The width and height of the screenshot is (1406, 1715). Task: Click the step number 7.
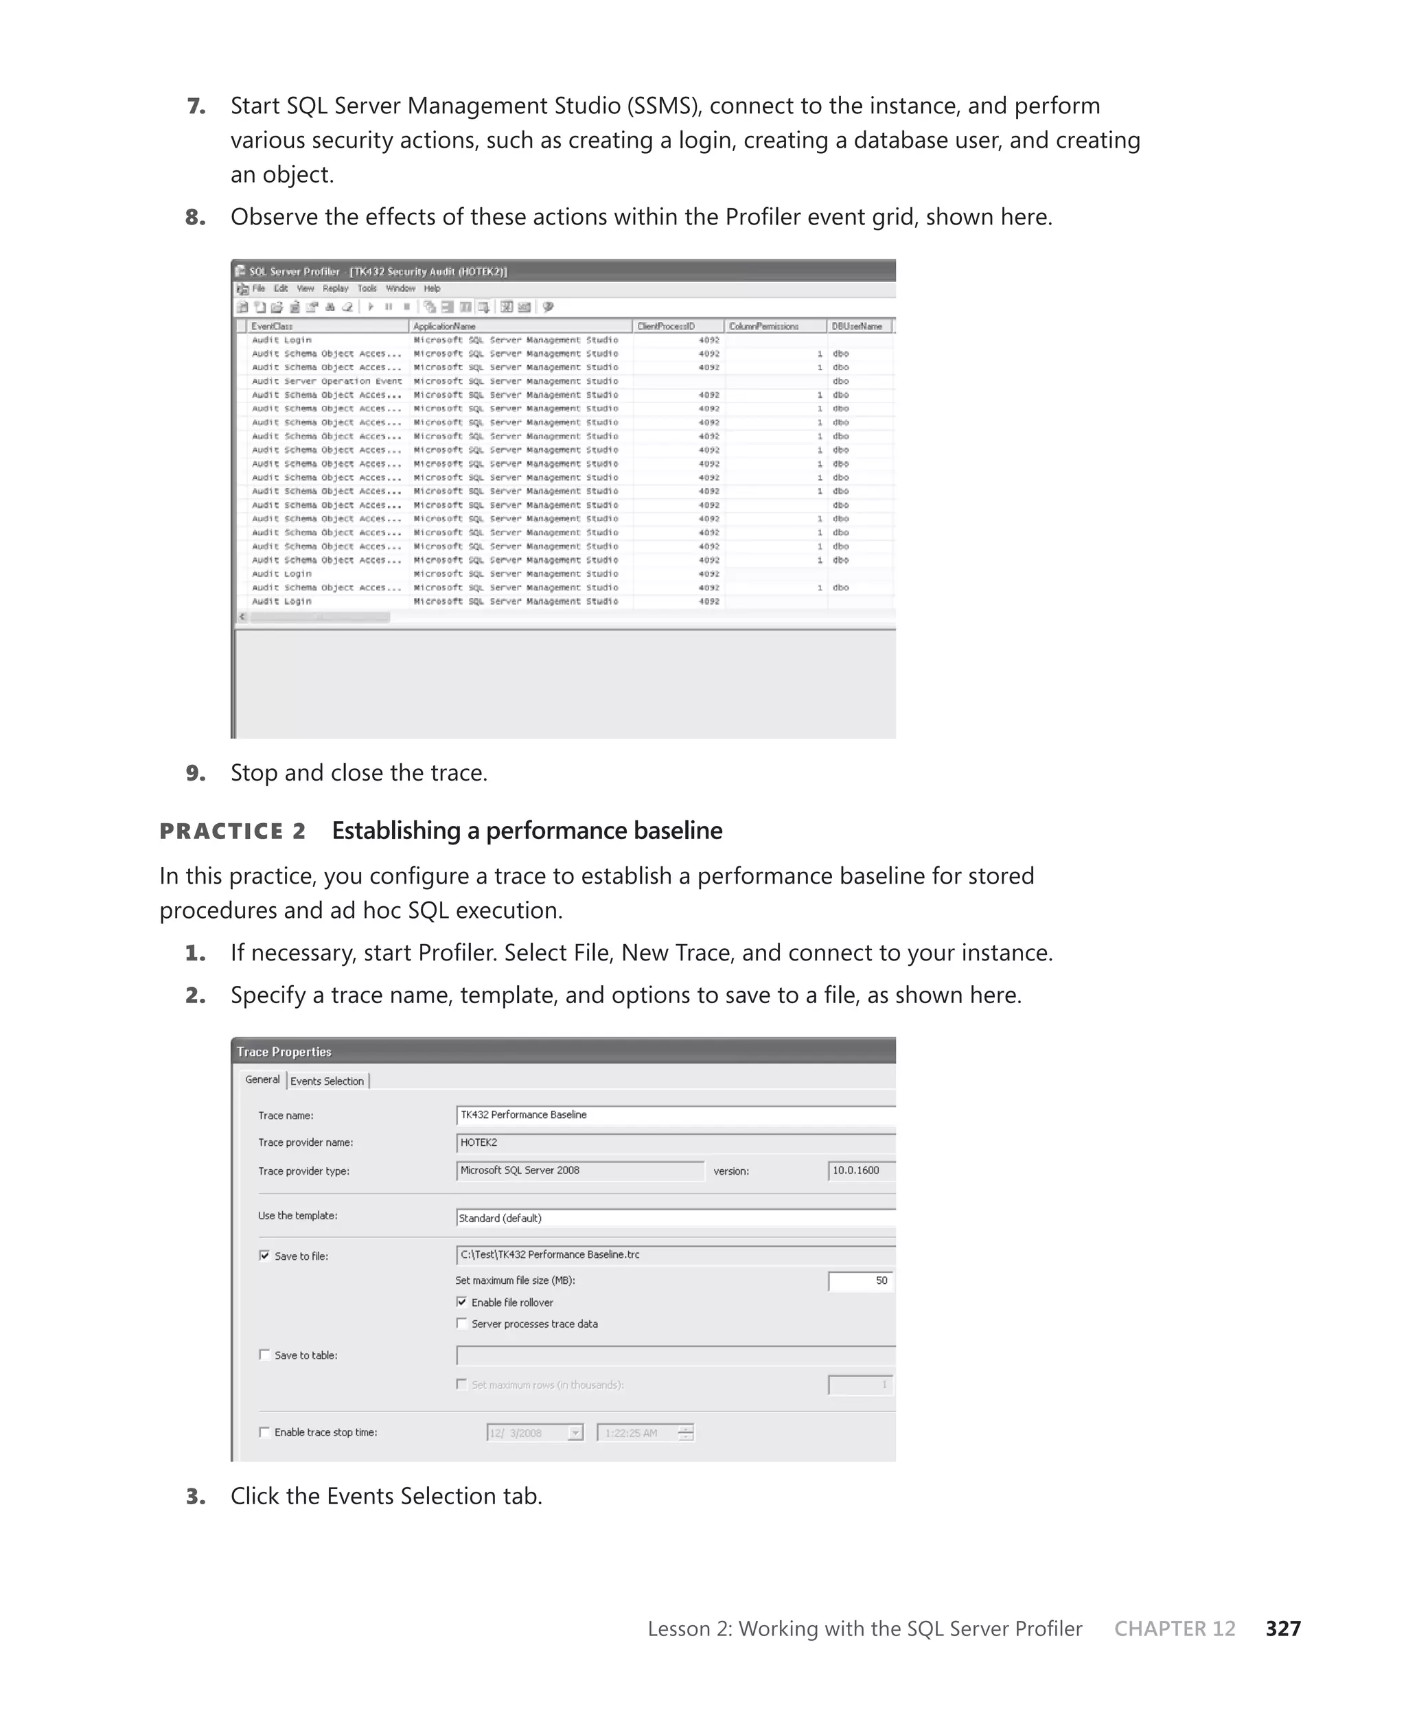(x=196, y=106)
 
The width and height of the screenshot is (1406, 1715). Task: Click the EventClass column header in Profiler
(x=272, y=326)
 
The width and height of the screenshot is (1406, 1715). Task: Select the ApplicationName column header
(x=445, y=326)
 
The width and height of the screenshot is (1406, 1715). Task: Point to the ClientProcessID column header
(x=666, y=326)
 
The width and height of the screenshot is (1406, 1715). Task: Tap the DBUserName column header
(x=857, y=326)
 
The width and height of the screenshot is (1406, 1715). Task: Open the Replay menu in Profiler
(x=335, y=288)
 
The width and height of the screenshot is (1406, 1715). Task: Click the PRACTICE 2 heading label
(x=233, y=831)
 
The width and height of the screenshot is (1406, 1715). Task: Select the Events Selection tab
(x=327, y=1081)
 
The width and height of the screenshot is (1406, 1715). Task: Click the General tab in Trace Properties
(x=262, y=1079)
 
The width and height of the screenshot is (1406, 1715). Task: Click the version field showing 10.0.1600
(x=860, y=1170)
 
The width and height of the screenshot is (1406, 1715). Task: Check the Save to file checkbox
(x=264, y=1255)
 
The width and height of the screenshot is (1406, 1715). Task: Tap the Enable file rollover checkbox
(x=461, y=1302)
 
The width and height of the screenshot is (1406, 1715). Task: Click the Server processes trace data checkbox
(x=461, y=1323)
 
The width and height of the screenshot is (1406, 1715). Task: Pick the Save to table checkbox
(x=264, y=1354)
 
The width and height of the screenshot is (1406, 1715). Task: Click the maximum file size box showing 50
(x=860, y=1280)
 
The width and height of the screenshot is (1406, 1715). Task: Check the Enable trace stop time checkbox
(x=264, y=1431)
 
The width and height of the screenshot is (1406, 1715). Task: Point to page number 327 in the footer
(x=1283, y=1629)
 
